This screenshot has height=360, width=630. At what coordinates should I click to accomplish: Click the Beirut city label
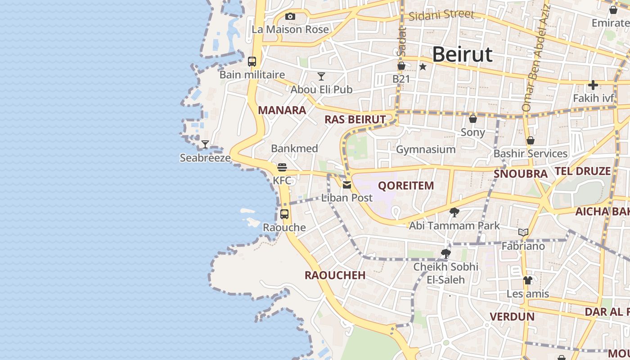[462, 54]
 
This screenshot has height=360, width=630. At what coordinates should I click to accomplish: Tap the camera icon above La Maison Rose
[290, 17]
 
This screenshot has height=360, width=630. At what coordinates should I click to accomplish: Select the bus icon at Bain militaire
[252, 62]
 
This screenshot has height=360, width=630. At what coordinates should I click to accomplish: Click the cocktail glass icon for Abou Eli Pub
[321, 76]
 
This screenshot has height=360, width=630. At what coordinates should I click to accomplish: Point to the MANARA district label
[282, 110]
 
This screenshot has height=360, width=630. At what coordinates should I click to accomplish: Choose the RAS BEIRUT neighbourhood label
[355, 119]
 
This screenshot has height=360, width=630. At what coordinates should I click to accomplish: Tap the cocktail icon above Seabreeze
[205, 144]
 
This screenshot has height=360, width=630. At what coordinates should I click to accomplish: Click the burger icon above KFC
[282, 167]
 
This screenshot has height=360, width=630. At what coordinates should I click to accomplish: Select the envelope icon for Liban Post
[347, 184]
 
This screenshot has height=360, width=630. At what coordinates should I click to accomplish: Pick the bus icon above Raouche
[284, 214]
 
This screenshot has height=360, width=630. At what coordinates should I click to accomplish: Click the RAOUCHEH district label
[335, 275]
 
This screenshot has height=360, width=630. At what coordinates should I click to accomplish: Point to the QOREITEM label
[406, 185]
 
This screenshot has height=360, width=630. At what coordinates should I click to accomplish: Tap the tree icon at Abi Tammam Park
[454, 212]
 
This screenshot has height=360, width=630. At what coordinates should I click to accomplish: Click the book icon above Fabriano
[523, 233]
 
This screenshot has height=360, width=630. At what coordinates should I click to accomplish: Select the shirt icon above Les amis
[528, 280]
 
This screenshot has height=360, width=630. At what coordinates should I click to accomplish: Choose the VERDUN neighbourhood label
[512, 316]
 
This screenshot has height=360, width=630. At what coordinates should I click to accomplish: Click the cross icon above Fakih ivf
[593, 85]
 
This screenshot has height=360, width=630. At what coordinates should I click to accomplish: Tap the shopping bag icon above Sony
[473, 119]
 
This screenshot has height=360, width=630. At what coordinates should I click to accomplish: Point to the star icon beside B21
[423, 67]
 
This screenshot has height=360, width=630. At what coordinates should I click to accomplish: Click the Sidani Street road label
[441, 15]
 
